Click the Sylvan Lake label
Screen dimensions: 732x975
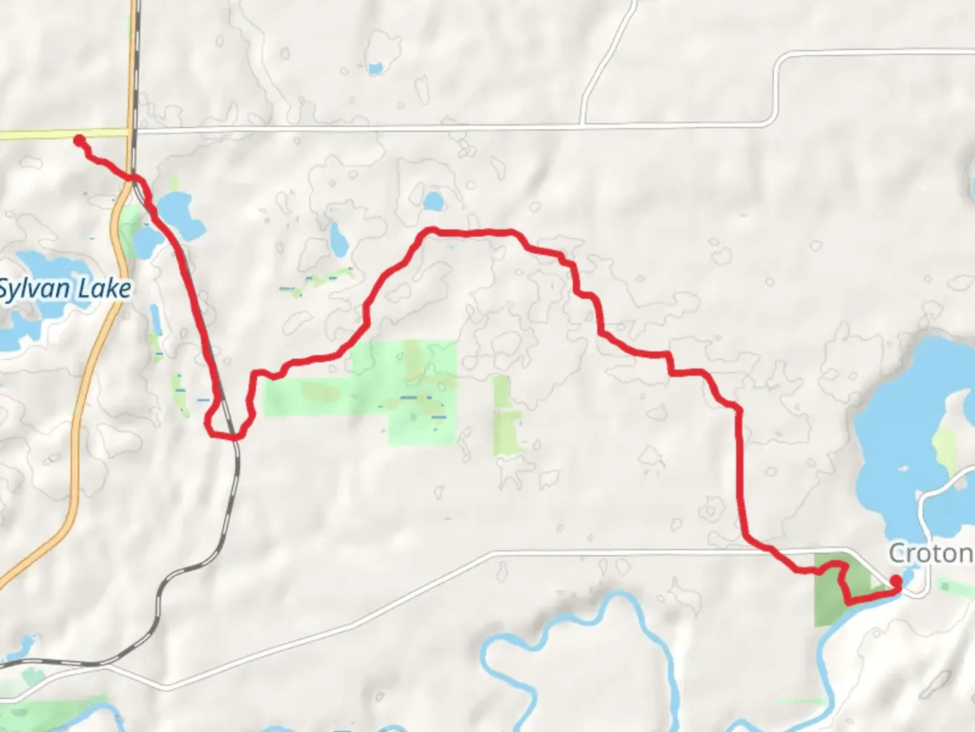coord(64,289)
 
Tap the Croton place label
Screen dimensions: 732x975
coord(930,553)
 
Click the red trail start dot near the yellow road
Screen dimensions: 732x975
coord(79,140)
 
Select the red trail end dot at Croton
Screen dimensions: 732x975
coord(896,581)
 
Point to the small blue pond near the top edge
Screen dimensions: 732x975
coord(374,68)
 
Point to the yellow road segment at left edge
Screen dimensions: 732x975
coord(41,135)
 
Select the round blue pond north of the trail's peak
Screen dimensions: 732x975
coord(433,201)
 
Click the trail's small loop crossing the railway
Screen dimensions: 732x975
coord(223,424)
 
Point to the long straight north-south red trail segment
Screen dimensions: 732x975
coord(739,474)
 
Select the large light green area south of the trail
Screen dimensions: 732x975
coord(379,386)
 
